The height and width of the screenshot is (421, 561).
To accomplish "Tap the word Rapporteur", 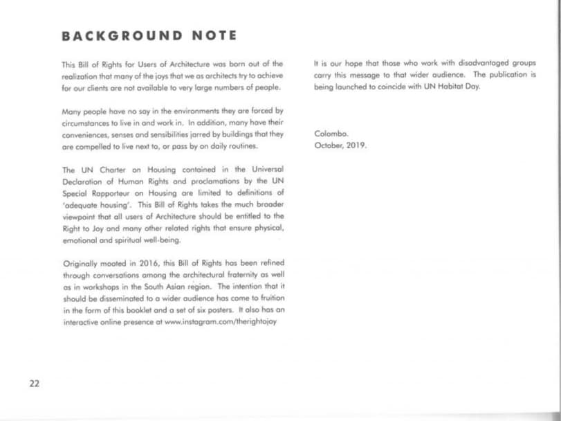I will [113, 193].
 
